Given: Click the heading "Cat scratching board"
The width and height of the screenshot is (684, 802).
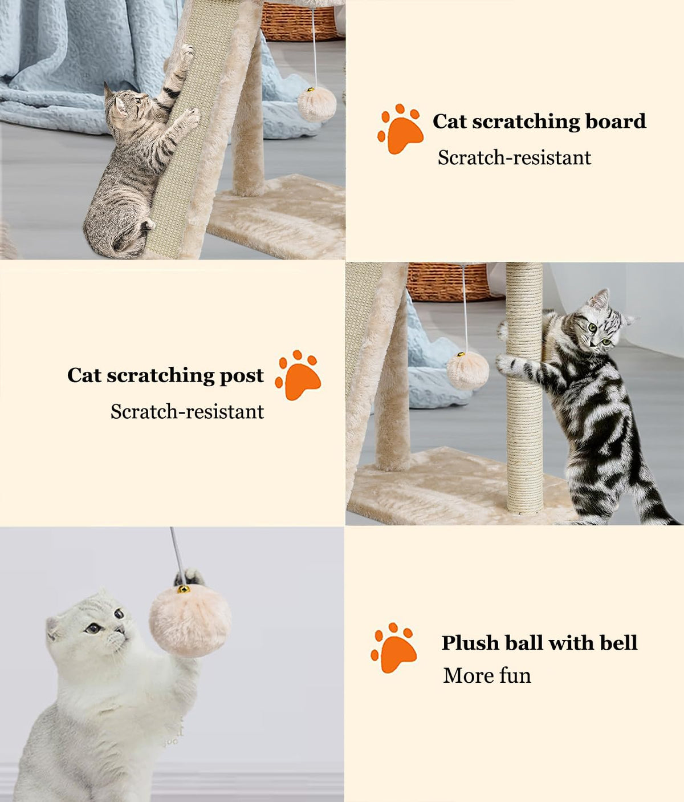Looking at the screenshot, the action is pyautogui.click(x=539, y=122).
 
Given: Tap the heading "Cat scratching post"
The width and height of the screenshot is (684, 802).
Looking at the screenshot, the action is pyautogui.click(x=165, y=375).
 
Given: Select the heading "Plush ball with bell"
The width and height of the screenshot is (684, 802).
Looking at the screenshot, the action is pyautogui.click(x=539, y=643).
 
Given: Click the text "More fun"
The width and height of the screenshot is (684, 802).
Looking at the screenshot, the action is pyautogui.click(x=487, y=675).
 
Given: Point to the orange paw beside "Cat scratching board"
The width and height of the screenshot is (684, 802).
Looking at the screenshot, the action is pyautogui.click(x=401, y=129).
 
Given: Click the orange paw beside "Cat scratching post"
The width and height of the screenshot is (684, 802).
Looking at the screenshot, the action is pyautogui.click(x=298, y=375).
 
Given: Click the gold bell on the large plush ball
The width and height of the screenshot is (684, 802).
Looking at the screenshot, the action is pyautogui.click(x=184, y=589).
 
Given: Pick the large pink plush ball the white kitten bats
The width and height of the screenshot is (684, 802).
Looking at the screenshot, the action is pyautogui.click(x=190, y=621).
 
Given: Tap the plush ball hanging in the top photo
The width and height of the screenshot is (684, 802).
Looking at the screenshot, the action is pyautogui.click(x=317, y=104).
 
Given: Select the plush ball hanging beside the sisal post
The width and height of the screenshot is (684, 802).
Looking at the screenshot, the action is pyautogui.click(x=467, y=371).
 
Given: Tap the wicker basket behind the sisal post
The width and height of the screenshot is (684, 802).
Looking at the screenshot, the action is pyautogui.click(x=447, y=282).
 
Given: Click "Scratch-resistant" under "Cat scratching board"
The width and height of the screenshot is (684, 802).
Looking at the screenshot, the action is pyautogui.click(x=514, y=158).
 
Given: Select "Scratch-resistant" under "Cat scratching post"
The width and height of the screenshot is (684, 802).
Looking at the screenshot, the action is pyautogui.click(x=187, y=412).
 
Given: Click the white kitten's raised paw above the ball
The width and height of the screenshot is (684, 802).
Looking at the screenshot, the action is pyautogui.click(x=189, y=577).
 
